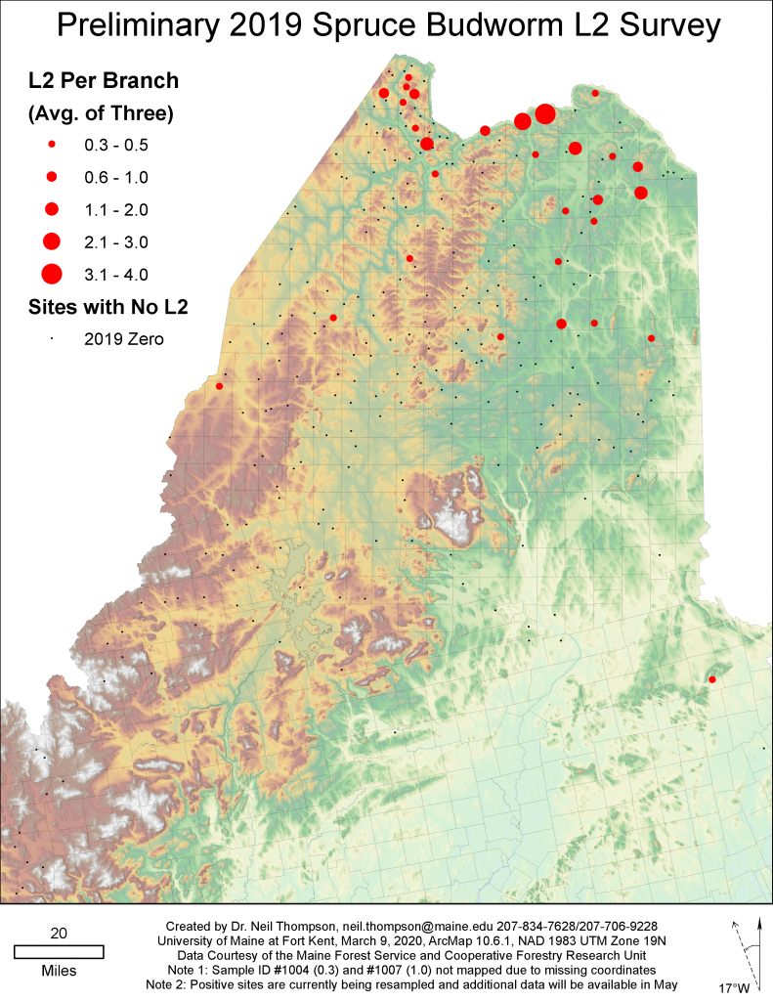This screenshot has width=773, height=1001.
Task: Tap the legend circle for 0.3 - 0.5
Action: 52,145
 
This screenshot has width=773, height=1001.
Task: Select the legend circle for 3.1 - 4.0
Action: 52,273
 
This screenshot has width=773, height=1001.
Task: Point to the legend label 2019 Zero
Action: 125,339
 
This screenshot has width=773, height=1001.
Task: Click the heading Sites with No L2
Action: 107,307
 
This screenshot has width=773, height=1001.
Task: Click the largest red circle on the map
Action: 545,114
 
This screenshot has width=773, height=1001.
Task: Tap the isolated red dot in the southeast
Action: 711,679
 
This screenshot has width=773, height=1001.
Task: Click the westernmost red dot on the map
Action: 219,386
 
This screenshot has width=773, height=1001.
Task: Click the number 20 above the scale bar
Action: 59,934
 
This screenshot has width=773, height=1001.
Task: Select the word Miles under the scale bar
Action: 59,971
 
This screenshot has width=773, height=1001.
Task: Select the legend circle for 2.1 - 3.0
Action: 52,240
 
